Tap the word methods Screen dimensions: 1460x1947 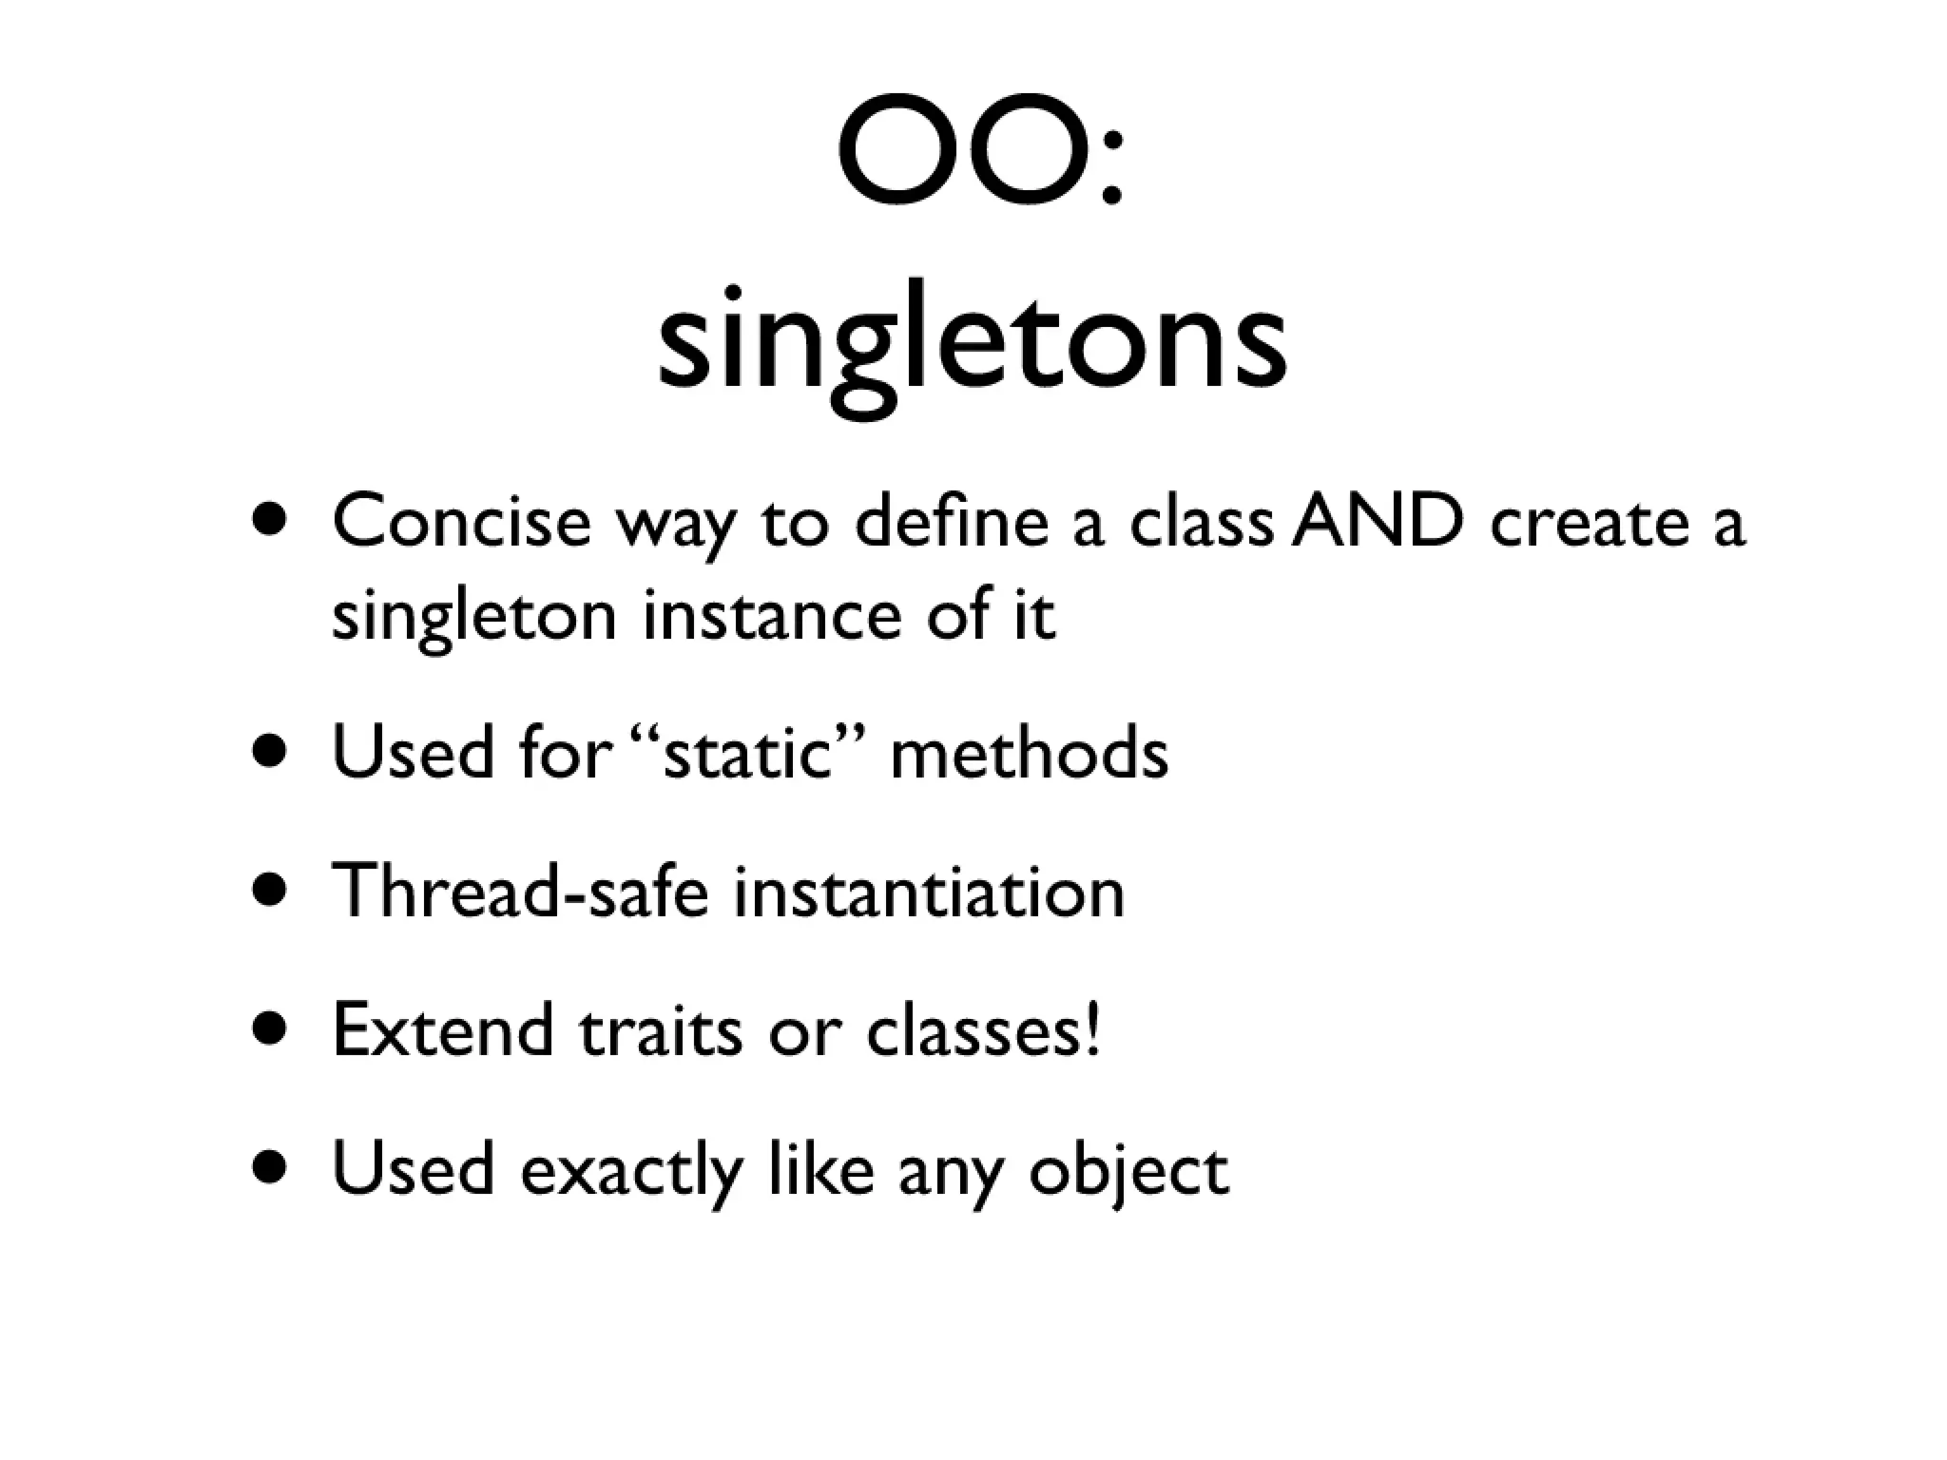(x=1029, y=753)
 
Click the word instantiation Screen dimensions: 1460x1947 (x=929, y=892)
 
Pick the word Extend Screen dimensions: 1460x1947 (x=443, y=1030)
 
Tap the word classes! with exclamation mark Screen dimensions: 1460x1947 (x=984, y=1030)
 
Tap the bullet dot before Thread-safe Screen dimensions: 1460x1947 (x=270, y=892)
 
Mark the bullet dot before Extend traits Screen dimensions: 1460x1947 (x=270, y=1030)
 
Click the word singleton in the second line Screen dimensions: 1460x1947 (x=474, y=616)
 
